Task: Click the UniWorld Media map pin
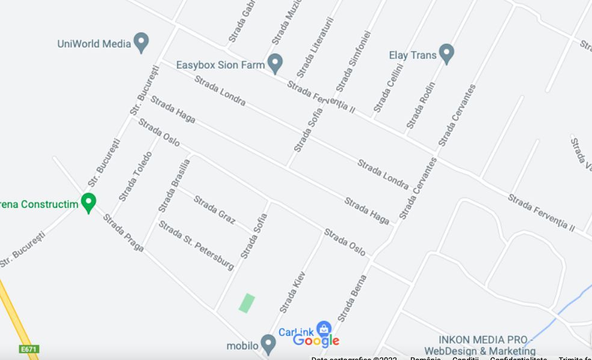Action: pos(141,43)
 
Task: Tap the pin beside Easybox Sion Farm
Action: pos(275,63)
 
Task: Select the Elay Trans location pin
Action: pos(446,54)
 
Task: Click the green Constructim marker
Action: pos(88,202)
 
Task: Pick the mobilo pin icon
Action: pos(268,344)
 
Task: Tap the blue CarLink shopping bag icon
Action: pos(324,329)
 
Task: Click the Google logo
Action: pos(316,341)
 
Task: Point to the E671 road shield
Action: pos(29,349)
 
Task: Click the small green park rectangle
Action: pos(247,302)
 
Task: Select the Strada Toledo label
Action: pos(135,176)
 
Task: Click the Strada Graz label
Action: pos(214,209)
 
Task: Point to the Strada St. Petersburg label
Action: pos(196,245)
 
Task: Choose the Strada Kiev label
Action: pos(293,292)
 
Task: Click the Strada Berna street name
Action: pos(352,298)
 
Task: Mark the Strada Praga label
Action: pos(123,232)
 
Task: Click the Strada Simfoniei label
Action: pos(353,61)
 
